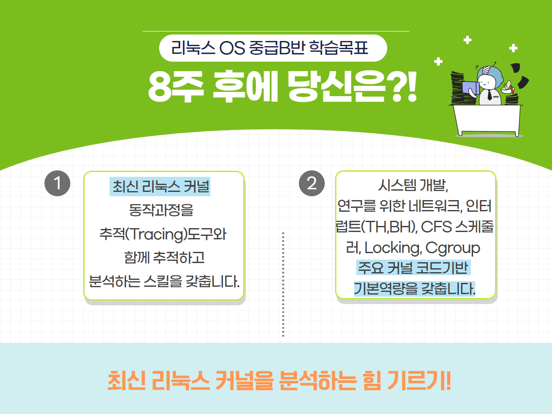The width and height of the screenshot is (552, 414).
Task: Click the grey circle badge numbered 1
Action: pyautogui.click(x=57, y=183)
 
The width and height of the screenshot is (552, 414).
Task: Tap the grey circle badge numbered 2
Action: pyautogui.click(x=312, y=183)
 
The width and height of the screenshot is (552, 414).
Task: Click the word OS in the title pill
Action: pyautogui.click(x=232, y=48)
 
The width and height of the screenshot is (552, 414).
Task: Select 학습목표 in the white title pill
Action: pyautogui.click(x=339, y=48)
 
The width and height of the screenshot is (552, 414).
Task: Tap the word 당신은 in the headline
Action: pyautogui.click(x=337, y=87)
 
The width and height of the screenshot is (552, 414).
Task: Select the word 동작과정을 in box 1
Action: pyautogui.click(x=161, y=210)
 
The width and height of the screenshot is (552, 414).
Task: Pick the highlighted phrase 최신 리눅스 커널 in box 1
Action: pyautogui.click(x=160, y=186)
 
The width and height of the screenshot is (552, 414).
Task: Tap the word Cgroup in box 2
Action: pyautogui.click(x=453, y=248)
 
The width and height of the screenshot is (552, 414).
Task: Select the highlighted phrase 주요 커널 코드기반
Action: pyautogui.click(x=414, y=267)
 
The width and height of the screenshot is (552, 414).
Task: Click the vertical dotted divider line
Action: pyautogui.click(x=283, y=285)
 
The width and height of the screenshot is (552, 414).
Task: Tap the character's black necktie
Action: pyautogui.click(x=489, y=95)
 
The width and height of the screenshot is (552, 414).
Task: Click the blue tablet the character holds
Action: pyautogui.click(x=470, y=88)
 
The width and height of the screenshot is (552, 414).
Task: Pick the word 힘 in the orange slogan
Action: pyautogui.click(x=372, y=381)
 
